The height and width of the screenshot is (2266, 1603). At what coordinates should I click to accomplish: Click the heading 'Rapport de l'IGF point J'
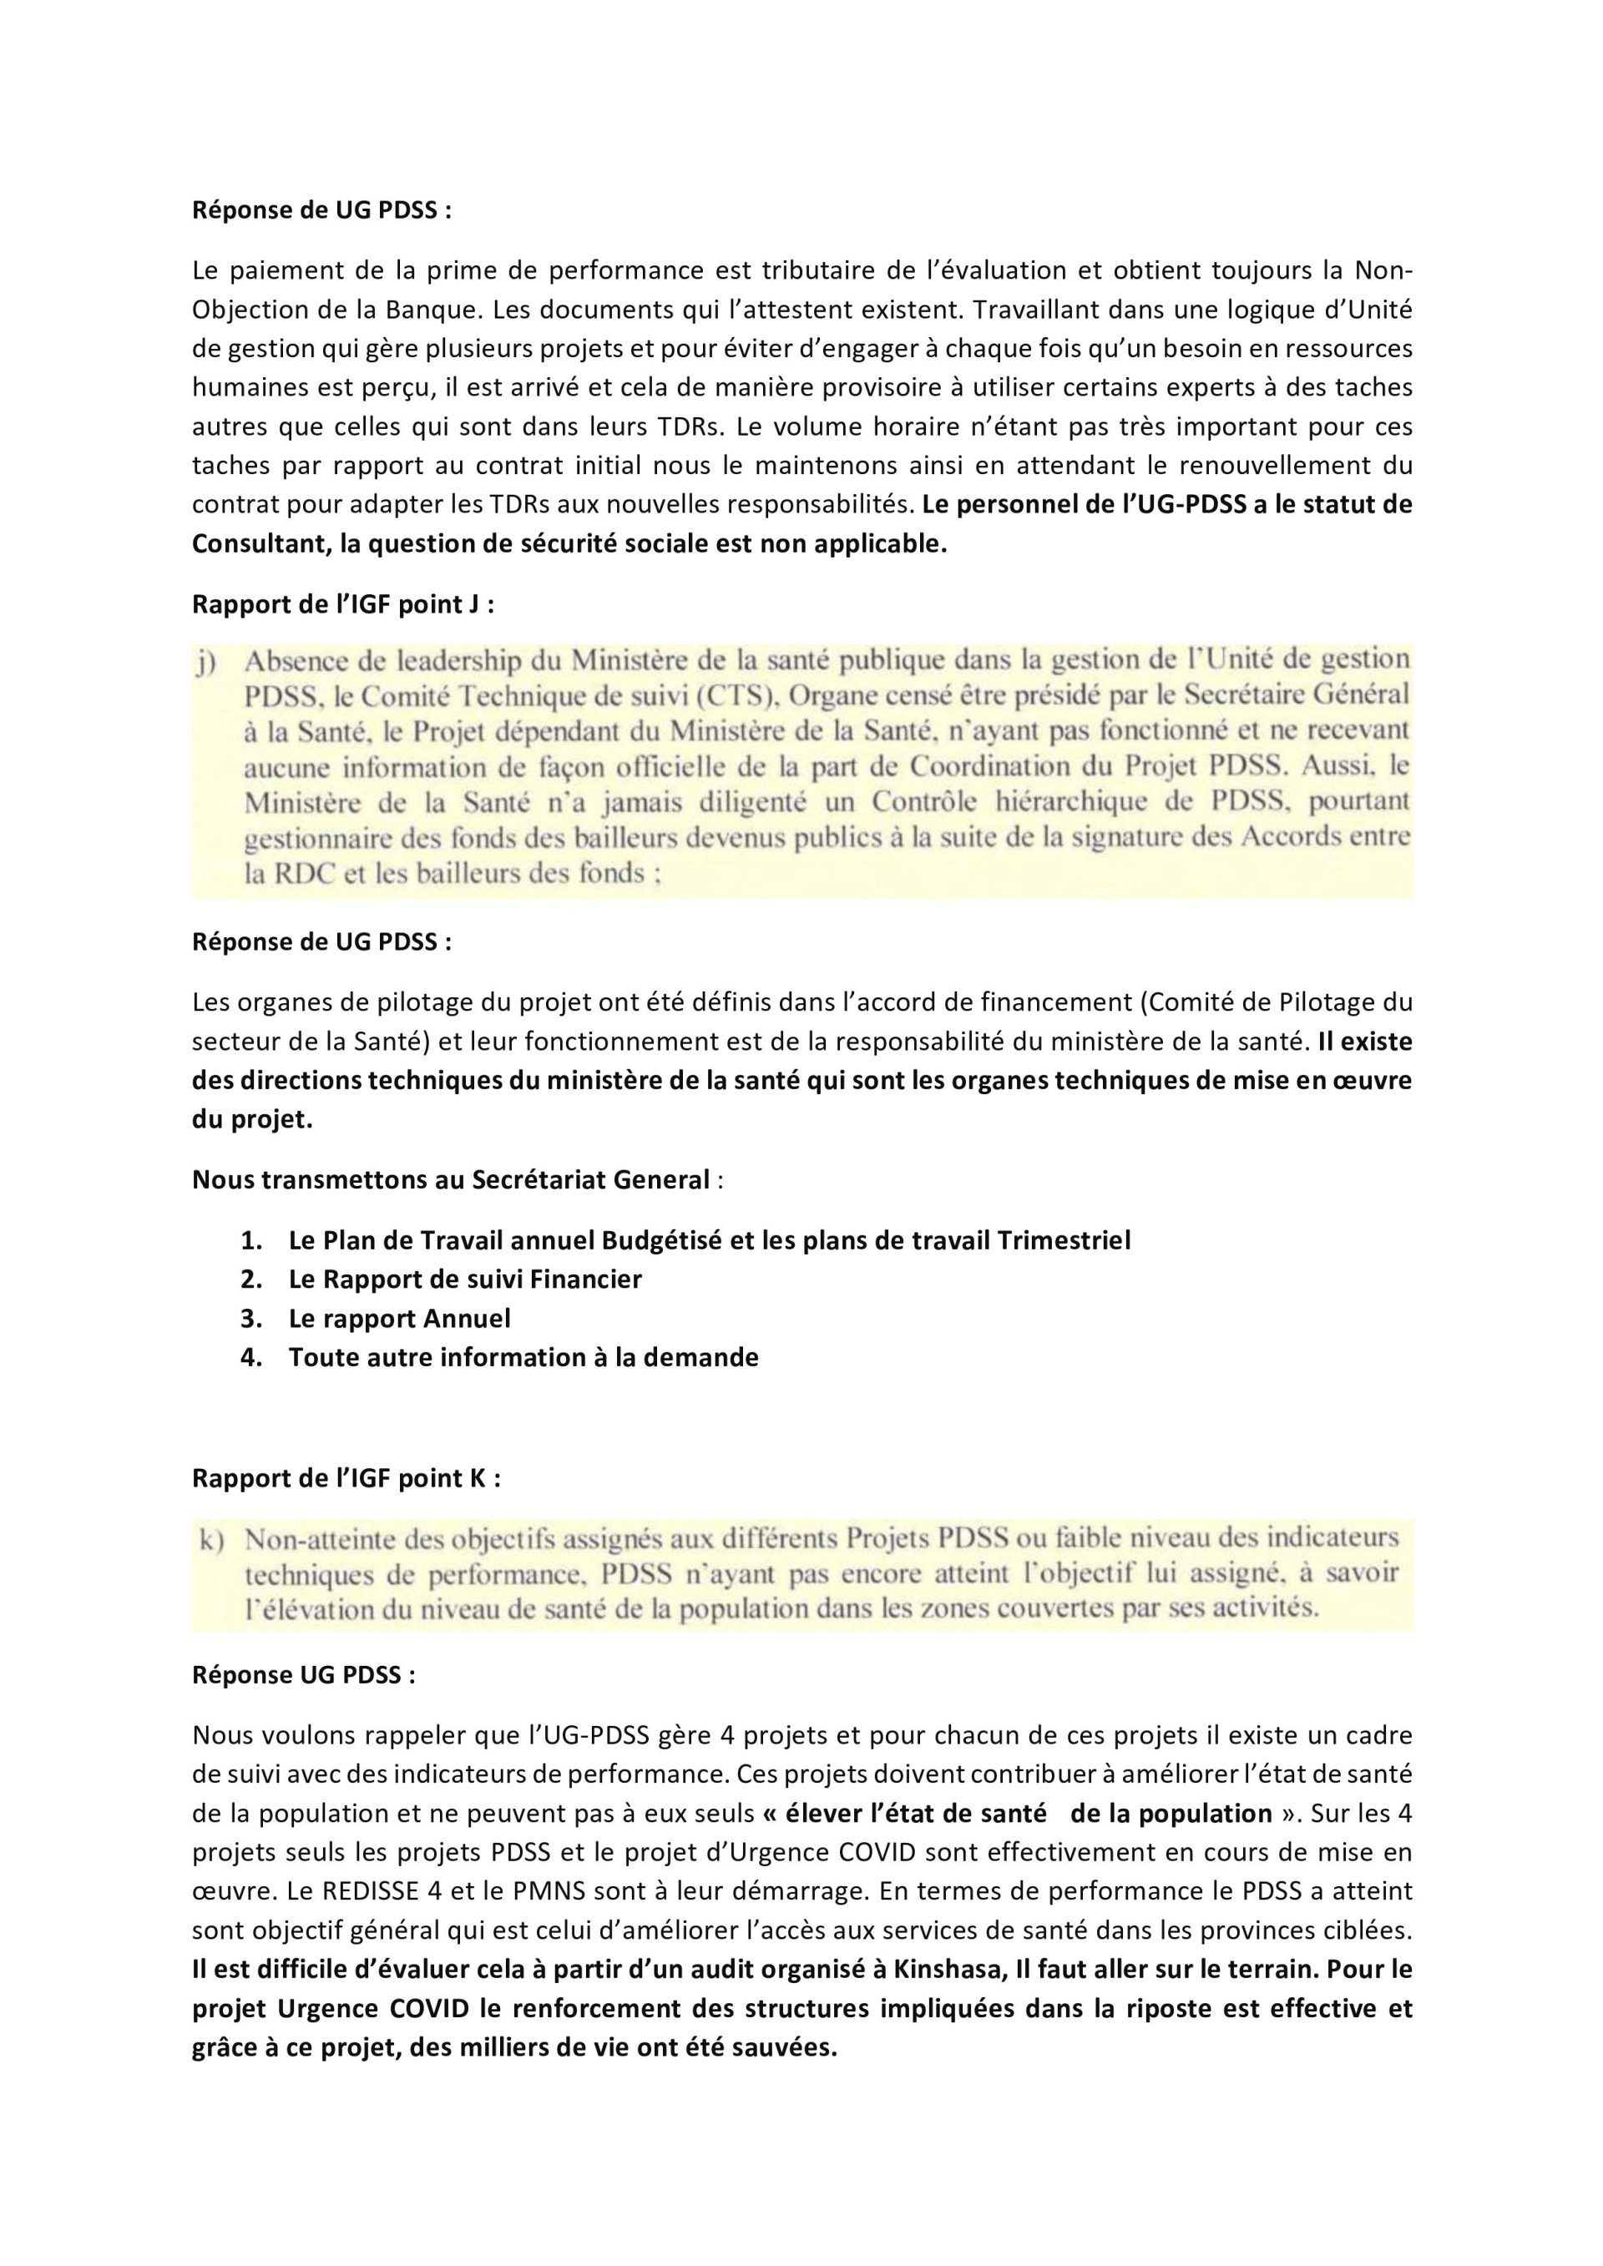pyautogui.click(x=342, y=604)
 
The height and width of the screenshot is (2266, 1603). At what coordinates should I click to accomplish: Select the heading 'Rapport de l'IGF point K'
pyautogui.click(x=346, y=1477)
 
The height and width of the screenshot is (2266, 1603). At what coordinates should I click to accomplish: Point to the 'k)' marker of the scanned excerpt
pyautogui.click(x=211, y=1540)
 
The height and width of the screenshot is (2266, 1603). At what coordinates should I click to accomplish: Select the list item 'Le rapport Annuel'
pyautogui.click(x=400, y=1319)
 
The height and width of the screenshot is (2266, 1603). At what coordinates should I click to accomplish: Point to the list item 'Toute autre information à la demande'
pyautogui.click(x=523, y=1357)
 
